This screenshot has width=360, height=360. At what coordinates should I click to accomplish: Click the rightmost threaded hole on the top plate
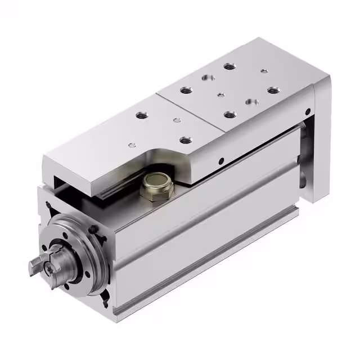click(273, 90)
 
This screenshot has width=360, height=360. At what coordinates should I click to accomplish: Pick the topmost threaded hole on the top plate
click(229, 66)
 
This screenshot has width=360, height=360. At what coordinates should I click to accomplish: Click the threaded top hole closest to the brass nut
click(183, 139)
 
